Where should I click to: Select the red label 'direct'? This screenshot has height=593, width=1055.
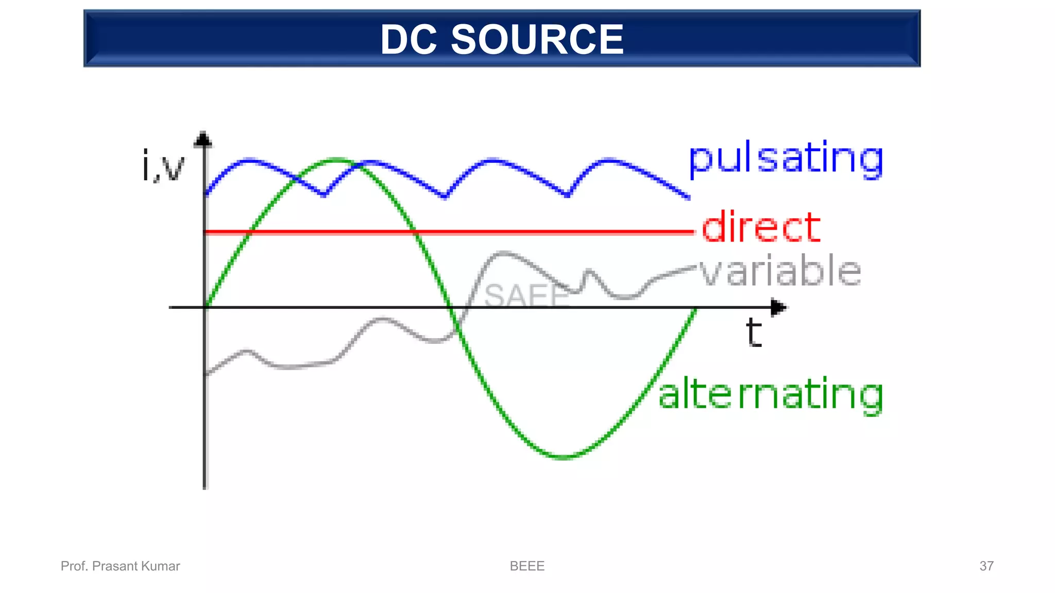pos(761,227)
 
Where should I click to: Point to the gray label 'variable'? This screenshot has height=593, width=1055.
pos(780,271)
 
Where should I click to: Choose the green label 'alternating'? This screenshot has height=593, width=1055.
pos(771,394)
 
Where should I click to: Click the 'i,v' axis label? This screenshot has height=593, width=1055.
pos(163,166)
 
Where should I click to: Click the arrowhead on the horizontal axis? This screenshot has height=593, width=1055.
pos(778,308)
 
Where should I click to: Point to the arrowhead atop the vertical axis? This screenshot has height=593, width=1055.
pos(204,139)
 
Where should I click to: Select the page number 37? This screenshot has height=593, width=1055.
pos(986,566)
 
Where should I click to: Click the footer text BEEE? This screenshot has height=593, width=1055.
pos(527,566)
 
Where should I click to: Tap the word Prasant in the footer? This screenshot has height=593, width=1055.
pos(115,566)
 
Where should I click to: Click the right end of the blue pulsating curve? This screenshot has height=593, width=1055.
pos(689,197)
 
